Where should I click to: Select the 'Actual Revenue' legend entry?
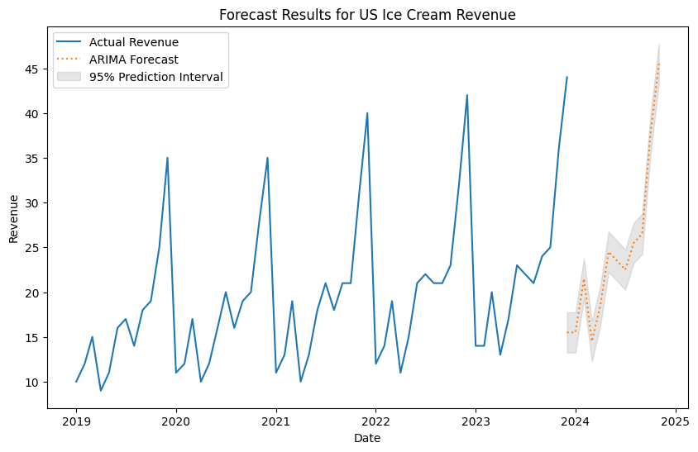pos(134,42)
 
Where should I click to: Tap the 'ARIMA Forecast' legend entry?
pos(134,59)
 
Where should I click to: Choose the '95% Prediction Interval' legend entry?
pos(156,78)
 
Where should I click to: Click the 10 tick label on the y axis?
pos(32,383)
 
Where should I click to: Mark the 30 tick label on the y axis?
pos(32,203)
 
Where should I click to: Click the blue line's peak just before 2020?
pos(167,158)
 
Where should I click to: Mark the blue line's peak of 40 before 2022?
pos(367,113)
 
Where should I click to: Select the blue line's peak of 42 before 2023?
pos(467,95)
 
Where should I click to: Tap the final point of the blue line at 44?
pos(567,77)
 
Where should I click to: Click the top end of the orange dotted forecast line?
pos(658,64)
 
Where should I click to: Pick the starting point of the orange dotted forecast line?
pos(567,332)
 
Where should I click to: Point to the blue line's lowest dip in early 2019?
pos(101,390)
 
